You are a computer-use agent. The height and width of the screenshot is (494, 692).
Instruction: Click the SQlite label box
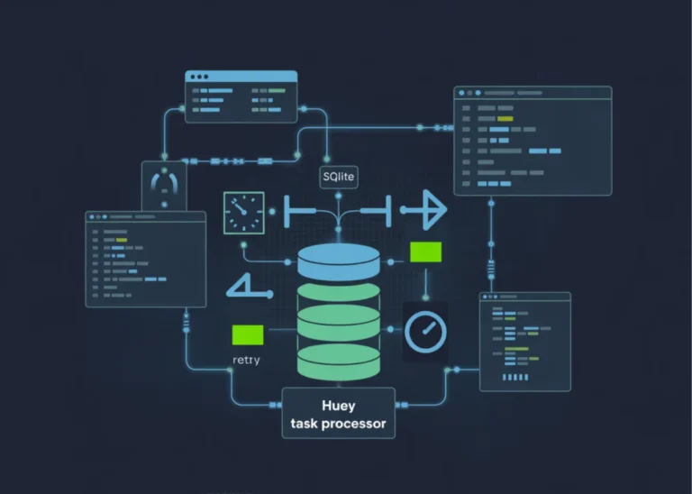point(339,178)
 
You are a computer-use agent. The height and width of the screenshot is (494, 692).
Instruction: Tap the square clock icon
point(243,213)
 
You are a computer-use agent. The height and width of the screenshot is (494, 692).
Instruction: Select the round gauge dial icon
point(425,331)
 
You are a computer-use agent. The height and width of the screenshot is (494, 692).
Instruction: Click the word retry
point(247,361)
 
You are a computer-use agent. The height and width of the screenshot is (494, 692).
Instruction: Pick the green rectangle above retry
point(248,334)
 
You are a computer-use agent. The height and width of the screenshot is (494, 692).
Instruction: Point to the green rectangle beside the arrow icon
point(425,252)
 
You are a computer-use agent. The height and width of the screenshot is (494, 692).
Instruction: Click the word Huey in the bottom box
point(338,407)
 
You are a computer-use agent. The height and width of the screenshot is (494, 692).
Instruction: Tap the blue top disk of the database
point(339,262)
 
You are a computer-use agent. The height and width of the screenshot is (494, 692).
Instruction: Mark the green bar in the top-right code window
point(505,118)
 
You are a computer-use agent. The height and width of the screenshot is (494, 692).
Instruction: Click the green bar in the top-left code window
point(276,91)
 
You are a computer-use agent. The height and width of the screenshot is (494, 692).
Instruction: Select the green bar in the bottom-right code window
point(516,349)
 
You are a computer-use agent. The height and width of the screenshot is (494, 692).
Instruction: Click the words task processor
point(338,424)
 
